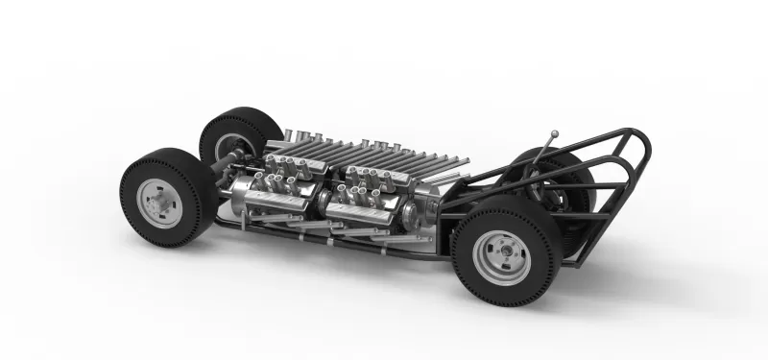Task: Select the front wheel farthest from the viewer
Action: pyautogui.click(x=230, y=134)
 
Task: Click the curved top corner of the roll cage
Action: pyautogui.click(x=638, y=135)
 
